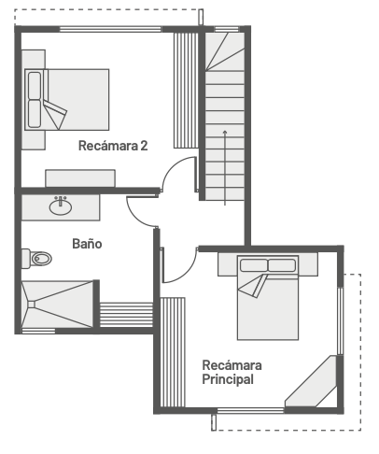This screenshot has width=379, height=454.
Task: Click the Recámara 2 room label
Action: [113, 146]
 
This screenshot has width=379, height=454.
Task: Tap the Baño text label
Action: [87, 244]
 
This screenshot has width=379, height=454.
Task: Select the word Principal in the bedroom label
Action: [228, 379]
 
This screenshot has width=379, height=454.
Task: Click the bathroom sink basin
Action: [61, 207]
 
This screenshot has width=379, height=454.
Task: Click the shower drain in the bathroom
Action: [32, 305]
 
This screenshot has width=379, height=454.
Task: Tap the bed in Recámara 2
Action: [67, 100]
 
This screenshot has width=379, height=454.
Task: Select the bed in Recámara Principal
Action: [268, 297]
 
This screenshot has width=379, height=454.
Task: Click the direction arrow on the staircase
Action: [225, 167]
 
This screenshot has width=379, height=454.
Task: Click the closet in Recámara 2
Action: [186, 91]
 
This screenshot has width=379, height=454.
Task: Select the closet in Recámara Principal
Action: [173, 352]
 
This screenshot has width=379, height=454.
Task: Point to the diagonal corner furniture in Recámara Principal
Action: [311, 381]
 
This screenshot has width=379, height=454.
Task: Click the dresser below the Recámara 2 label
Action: [80, 178]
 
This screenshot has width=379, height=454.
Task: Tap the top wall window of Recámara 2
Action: [110, 30]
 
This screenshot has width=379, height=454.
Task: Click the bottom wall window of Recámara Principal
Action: [250, 411]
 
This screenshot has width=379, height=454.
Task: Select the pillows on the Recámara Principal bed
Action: [268, 265]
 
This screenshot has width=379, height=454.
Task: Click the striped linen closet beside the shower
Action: [126, 315]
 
